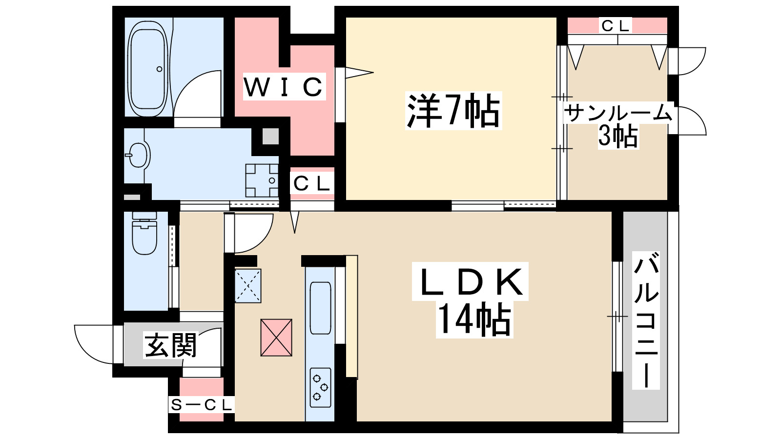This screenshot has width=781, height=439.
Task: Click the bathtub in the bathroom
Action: click(x=147, y=68)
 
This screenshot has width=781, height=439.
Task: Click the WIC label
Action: click(x=284, y=87)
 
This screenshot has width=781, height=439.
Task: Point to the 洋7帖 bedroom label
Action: click(x=453, y=111)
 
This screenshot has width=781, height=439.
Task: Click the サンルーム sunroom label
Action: click(x=618, y=114)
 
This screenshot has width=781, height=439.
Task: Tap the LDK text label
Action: click(x=470, y=283)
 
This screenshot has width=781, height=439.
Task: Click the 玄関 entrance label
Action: click(x=170, y=345)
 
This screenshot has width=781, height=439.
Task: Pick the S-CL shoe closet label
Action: click(x=201, y=404)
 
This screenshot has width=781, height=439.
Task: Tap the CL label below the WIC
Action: click(x=312, y=184)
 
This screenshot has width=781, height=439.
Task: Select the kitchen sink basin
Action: click(x=320, y=308)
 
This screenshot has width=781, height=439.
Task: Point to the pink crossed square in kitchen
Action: click(x=276, y=338)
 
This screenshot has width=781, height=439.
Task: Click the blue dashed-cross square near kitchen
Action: click(x=248, y=286)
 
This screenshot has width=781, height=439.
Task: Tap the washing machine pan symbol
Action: click(x=262, y=180)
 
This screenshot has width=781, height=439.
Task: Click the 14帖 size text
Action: click(x=473, y=320)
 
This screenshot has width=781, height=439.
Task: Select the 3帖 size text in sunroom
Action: click(x=618, y=136)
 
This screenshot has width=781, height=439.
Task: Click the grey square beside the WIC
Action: click(x=270, y=136)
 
